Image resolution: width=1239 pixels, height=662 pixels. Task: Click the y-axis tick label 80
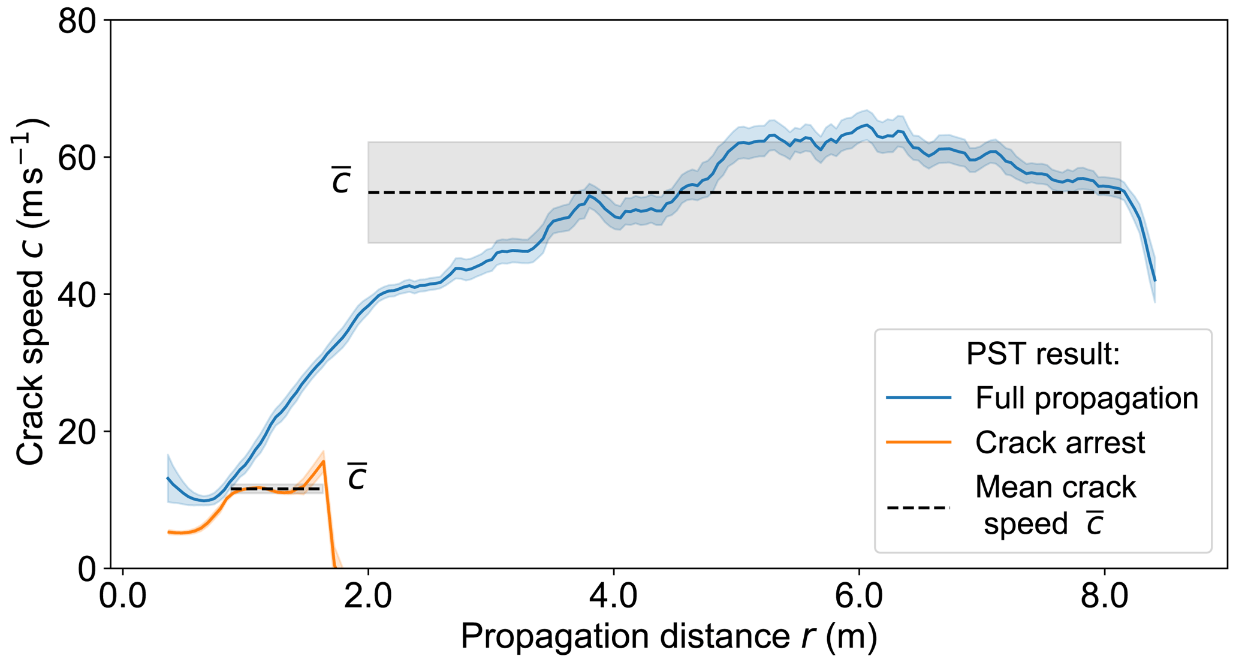click(x=77, y=21)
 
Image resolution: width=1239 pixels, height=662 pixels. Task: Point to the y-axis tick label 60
click(x=77, y=158)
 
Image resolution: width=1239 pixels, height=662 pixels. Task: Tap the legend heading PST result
click(x=1043, y=354)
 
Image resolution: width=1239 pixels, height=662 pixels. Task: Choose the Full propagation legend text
click(x=1086, y=398)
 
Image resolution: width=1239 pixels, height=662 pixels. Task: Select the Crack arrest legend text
click(x=1060, y=443)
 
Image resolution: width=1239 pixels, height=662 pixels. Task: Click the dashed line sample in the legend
click(x=918, y=508)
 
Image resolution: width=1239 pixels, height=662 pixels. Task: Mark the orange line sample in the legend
click(x=918, y=443)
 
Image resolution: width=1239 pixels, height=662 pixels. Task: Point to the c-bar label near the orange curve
click(x=357, y=477)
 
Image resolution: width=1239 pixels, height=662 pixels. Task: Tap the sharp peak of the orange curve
click(x=324, y=461)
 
